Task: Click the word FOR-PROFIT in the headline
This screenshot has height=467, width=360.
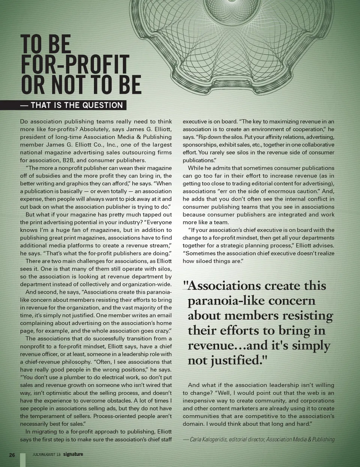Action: point(75,65)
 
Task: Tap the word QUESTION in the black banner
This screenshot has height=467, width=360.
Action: point(103,105)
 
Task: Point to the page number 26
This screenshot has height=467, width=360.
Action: point(12,455)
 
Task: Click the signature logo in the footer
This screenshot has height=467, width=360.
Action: point(73,455)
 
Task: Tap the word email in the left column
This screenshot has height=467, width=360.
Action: point(164,315)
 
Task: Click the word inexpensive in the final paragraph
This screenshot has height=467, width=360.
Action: point(199,401)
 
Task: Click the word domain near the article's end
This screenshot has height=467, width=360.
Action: point(193,424)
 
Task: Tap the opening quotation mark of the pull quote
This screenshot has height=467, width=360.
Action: point(184,285)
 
